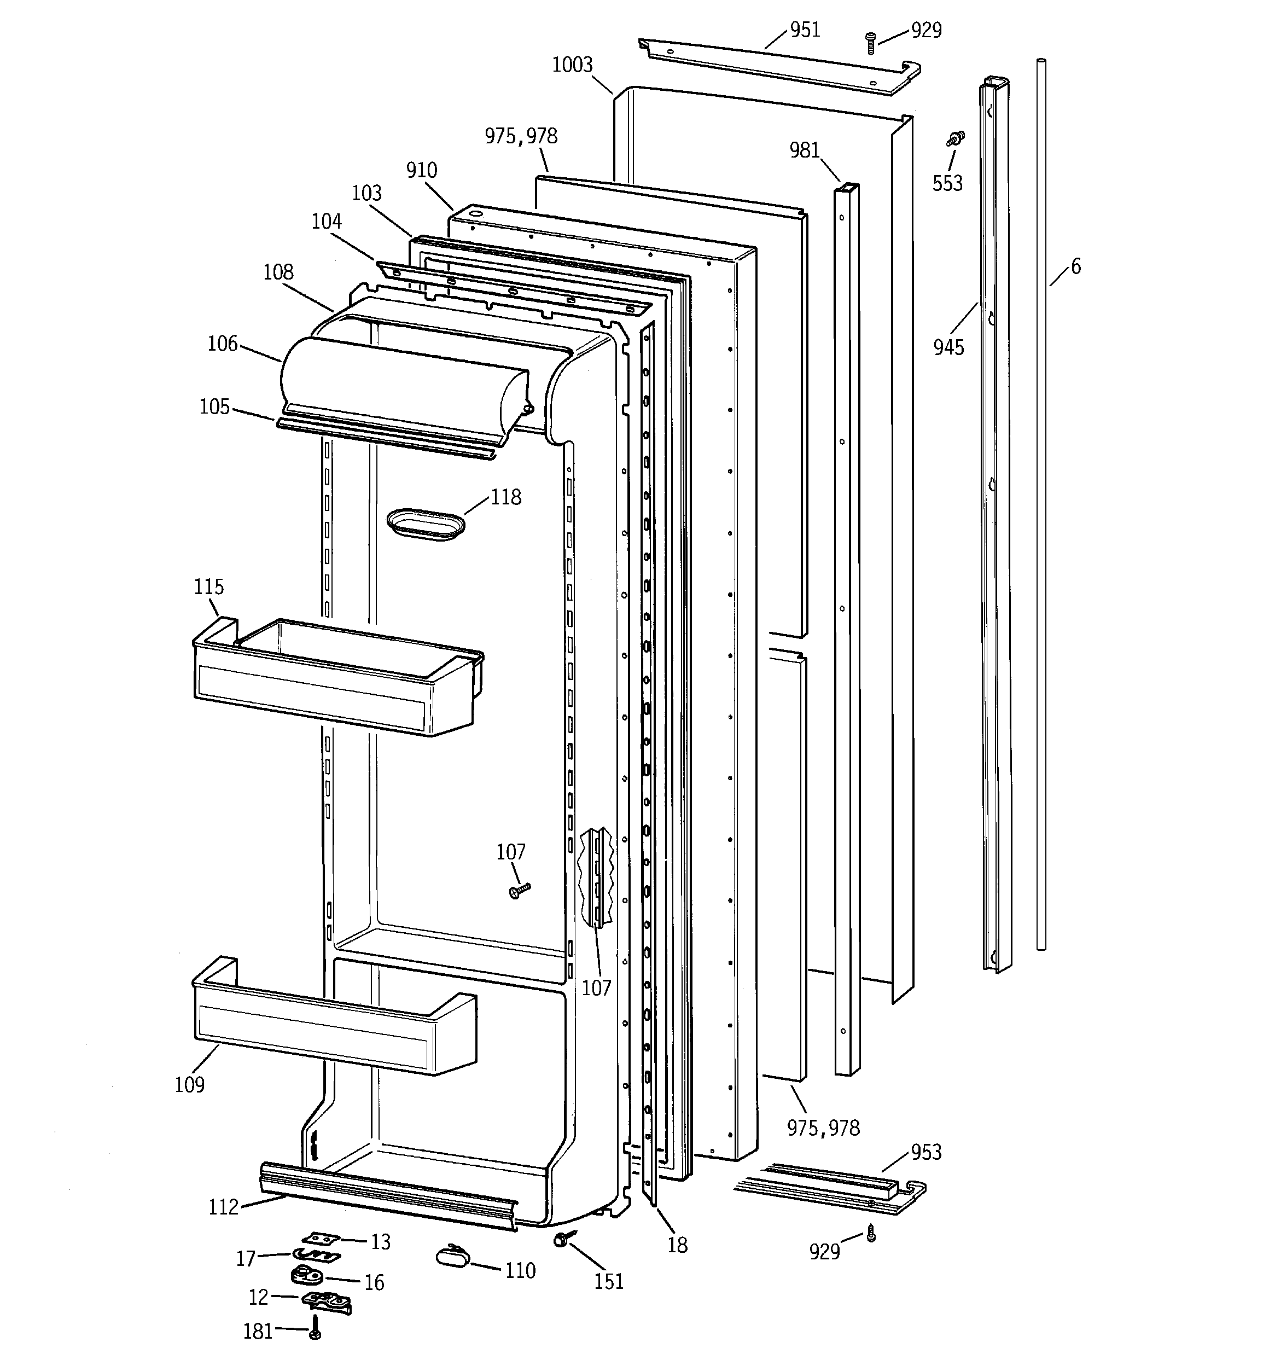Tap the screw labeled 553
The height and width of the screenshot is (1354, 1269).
[956, 139]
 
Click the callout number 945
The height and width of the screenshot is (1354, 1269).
[948, 347]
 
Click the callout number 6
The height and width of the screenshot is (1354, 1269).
[1075, 266]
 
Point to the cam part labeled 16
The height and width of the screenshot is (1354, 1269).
[303, 1274]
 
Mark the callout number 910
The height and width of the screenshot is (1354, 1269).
[422, 170]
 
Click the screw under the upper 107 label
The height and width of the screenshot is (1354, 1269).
[519, 890]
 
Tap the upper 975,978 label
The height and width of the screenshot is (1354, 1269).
[521, 136]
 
